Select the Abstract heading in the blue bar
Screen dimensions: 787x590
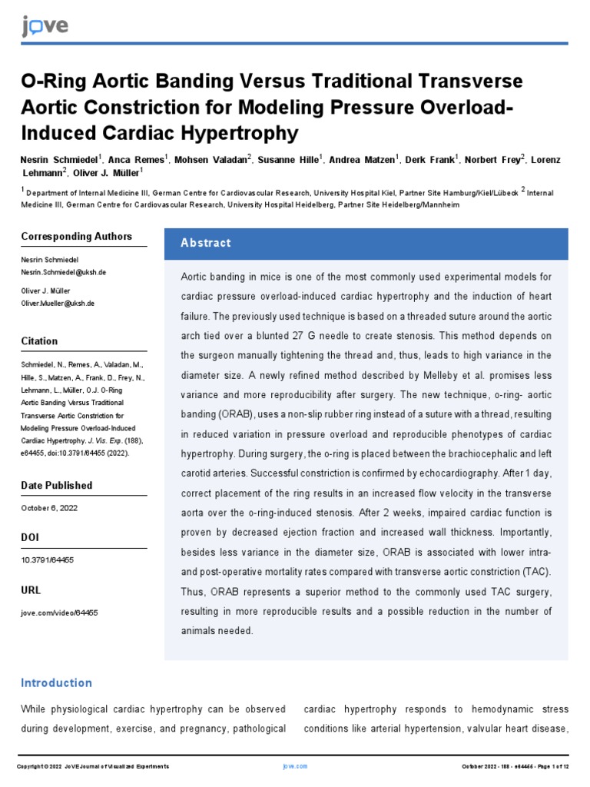click(x=205, y=243)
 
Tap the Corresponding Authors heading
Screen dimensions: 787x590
click(x=76, y=237)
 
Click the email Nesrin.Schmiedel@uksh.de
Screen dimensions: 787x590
click(x=63, y=273)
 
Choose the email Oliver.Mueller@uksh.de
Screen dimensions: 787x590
click(x=58, y=304)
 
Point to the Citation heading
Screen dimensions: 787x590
click(x=39, y=341)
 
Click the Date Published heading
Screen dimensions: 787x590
click(x=56, y=486)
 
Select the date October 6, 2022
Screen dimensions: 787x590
click(x=49, y=508)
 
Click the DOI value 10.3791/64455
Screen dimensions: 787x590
click(x=48, y=560)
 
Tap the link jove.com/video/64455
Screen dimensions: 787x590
click(x=59, y=613)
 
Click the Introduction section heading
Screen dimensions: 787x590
click(x=56, y=683)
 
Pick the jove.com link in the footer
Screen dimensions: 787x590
click(x=295, y=766)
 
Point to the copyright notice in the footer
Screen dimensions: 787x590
click(x=93, y=766)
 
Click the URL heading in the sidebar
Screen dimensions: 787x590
click(x=31, y=590)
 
